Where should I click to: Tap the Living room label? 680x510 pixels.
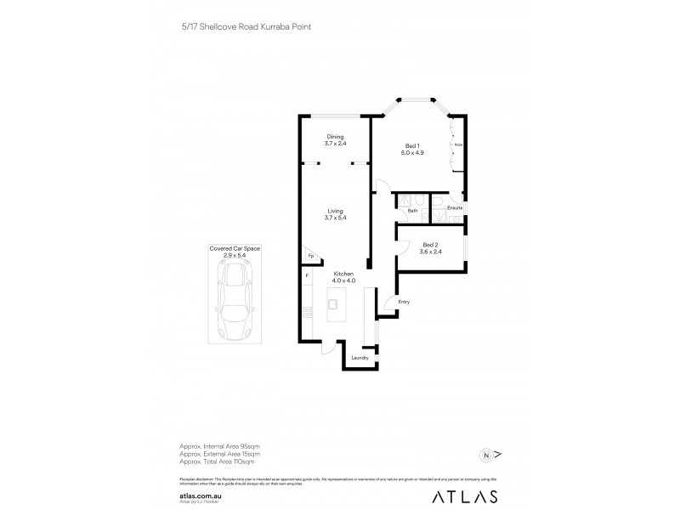pos(335,214)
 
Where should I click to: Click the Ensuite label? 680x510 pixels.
pos(455,207)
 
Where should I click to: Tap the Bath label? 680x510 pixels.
pos(411,210)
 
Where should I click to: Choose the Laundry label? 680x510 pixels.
pos(359,358)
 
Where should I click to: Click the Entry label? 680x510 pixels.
pos(404,302)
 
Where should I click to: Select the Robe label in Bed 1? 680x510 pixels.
pos(457,145)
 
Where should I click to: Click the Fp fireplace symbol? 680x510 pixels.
pos(311,256)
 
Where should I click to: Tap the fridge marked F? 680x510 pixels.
pos(307,276)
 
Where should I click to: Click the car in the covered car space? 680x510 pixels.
pos(235,297)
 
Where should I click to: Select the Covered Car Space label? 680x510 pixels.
pos(235,251)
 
